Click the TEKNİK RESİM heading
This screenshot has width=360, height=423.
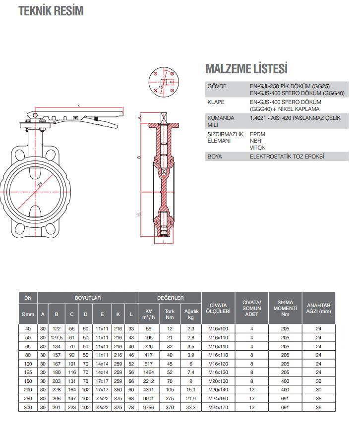51,11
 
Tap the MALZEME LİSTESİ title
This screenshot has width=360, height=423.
246,68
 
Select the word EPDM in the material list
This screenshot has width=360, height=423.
258,134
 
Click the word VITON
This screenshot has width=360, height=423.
258,148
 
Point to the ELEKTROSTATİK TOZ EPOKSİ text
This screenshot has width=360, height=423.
287,157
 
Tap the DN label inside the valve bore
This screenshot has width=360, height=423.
40,184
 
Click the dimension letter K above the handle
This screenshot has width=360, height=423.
79,105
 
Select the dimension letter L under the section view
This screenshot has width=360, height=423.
163,243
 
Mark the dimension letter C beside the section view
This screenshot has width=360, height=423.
139,214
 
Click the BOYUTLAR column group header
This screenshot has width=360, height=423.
88,298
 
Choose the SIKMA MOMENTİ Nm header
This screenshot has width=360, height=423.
285,308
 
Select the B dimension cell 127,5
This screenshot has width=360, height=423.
57,337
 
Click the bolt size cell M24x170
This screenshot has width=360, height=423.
218,407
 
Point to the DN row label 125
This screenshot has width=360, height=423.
28,371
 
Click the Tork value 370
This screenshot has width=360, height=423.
170,407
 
